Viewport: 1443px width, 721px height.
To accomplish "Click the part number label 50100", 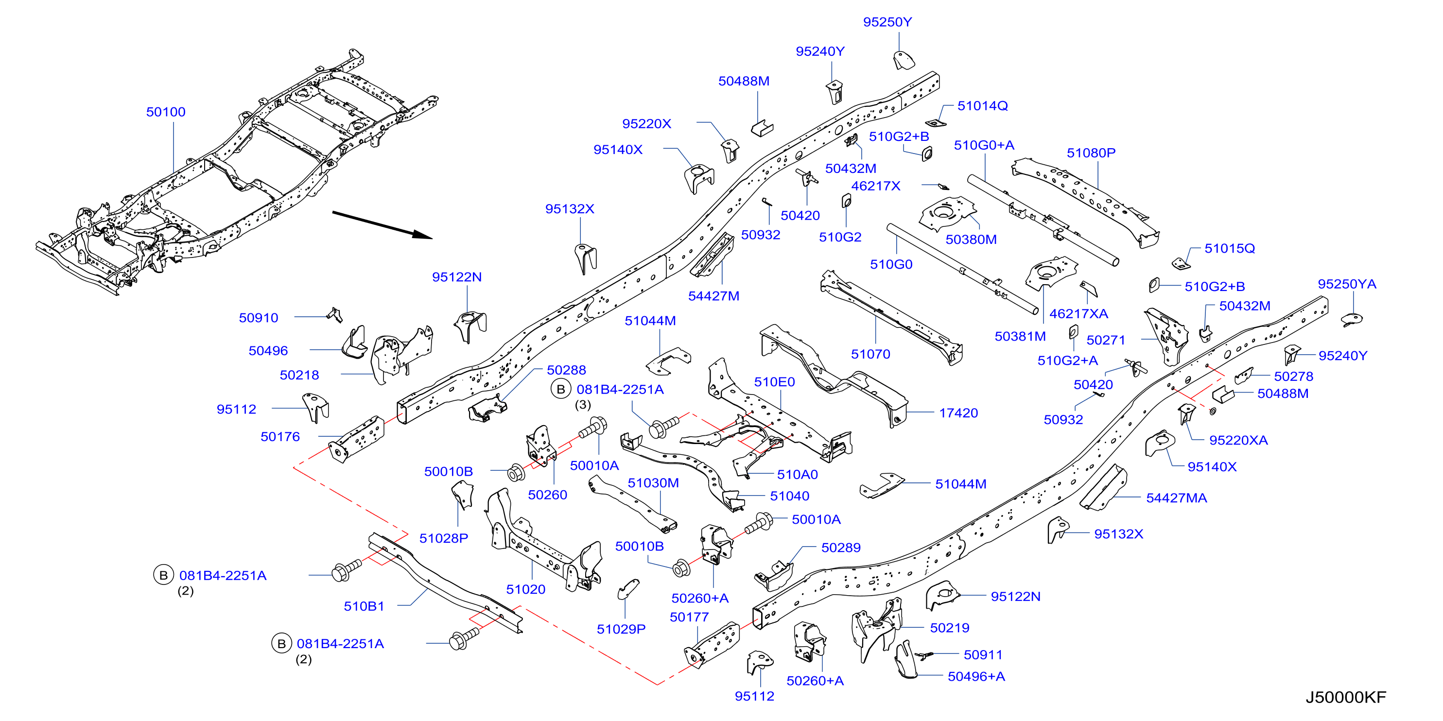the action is (x=166, y=112).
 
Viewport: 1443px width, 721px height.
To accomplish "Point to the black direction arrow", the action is (x=382, y=225).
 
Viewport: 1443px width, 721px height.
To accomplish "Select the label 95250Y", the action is (x=887, y=22).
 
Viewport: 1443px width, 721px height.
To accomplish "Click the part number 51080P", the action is (x=1091, y=153).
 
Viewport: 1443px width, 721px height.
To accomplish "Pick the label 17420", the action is (x=958, y=413).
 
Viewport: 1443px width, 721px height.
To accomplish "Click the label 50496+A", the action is (x=976, y=677).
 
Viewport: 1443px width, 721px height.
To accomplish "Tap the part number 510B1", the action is (x=364, y=606).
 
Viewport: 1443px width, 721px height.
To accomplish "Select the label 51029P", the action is (x=621, y=629).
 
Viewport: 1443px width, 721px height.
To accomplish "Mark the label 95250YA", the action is (x=1347, y=284).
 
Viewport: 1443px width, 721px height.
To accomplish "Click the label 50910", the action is (x=258, y=318).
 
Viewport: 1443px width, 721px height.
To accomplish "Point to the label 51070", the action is (x=870, y=354).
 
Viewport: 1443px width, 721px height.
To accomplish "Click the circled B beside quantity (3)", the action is (x=561, y=389).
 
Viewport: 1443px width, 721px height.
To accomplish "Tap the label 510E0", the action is (x=774, y=382).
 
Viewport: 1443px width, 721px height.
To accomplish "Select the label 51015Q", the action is (x=1230, y=249).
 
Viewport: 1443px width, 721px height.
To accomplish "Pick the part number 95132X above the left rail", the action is (x=570, y=209).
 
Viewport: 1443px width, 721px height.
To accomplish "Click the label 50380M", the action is (x=971, y=240).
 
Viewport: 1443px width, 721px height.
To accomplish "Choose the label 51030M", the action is (x=653, y=483).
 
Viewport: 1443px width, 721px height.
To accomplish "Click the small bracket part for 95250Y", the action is (x=903, y=60).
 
